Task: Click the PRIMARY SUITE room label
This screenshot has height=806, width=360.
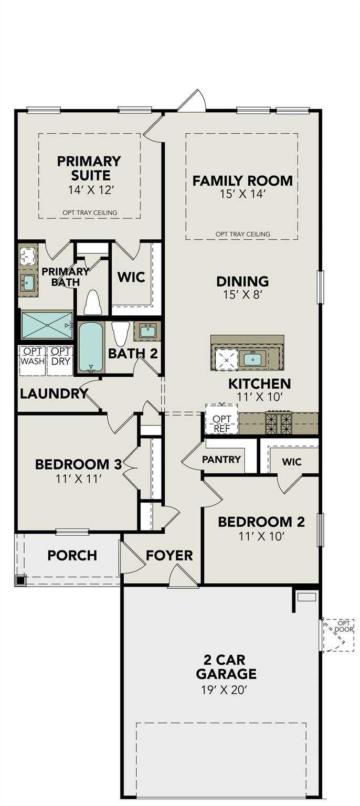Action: click(x=89, y=168)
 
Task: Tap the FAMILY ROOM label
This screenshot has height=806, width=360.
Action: click(x=242, y=181)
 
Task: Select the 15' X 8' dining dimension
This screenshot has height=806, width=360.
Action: click(x=242, y=295)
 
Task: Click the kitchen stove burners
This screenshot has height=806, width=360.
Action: click(x=279, y=423)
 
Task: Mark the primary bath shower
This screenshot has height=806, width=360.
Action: click(x=47, y=325)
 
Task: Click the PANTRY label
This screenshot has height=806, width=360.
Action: click(x=221, y=460)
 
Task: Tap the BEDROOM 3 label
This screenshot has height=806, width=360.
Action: click(x=78, y=464)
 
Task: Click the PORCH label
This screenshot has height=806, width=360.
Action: click(x=72, y=555)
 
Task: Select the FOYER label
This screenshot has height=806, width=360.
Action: click(x=169, y=555)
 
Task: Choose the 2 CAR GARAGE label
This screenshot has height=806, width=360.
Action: click(x=223, y=666)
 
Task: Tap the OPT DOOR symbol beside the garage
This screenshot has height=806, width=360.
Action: click(x=337, y=634)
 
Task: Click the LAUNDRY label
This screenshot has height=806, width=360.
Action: click(x=54, y=394)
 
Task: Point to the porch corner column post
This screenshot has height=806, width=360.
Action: click(x=20, y=580)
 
